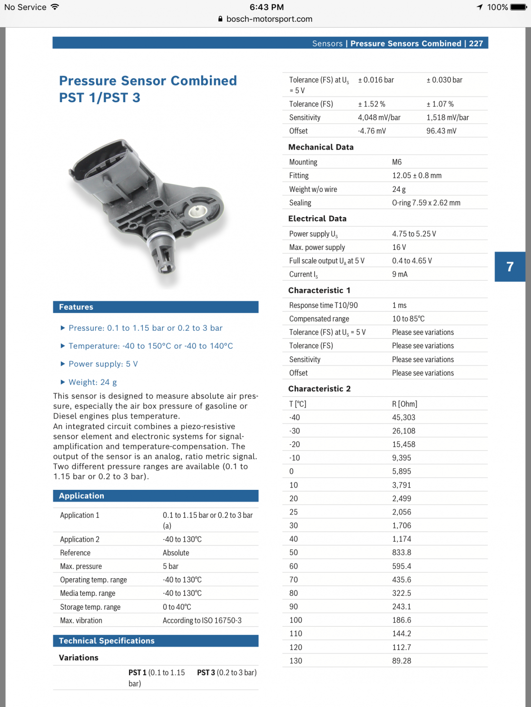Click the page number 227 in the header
coord(476,43)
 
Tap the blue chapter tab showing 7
coord(510,267)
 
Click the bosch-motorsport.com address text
coord(269,19)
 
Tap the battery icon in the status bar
coord(518,7)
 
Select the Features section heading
coord(76,307)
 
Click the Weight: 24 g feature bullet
coord(92,382)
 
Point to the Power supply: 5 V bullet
coord(103,364)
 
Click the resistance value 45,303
coord(403,417)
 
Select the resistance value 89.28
coord(402,660)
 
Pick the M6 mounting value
coord(397,162)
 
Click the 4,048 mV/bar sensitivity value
coord(379,117)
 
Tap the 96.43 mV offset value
coord(441,131)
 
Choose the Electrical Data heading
coord(317,219)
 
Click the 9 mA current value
coord(400,274)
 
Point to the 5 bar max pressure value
coord(170,566)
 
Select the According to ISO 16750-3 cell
coord(202,621)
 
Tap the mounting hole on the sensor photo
coord(197,211)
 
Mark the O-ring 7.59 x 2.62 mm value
coord(426,203)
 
